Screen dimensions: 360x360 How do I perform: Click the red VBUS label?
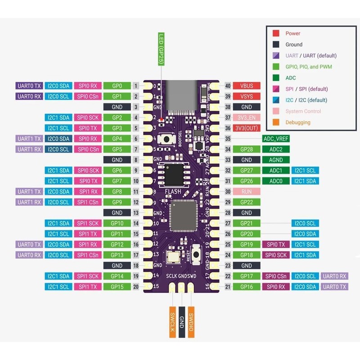(246, 85)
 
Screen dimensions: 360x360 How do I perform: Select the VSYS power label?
(246, 96)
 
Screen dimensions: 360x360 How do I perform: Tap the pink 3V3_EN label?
(246, 117)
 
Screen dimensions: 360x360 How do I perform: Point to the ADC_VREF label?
(276, 139)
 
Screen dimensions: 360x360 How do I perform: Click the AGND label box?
(276, 160)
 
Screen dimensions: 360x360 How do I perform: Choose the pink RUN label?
(246, 191)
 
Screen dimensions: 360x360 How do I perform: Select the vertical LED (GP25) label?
(162, 49)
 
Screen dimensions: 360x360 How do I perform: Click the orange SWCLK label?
(171, 323)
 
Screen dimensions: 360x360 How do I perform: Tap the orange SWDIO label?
(191, 323)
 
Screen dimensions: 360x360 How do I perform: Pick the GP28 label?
(246, 149)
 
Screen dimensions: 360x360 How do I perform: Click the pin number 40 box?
(228, 85)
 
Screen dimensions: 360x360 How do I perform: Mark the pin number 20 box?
(135, 287)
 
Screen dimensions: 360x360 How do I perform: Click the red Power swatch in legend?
(276, 33)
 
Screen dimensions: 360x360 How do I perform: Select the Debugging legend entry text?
(297, 122)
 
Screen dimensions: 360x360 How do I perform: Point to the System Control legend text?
(303, 111)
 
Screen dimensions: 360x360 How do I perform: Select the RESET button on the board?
(197, 255)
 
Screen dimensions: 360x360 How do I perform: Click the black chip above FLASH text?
(175, 173)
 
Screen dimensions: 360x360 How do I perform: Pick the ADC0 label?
(276, 181)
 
